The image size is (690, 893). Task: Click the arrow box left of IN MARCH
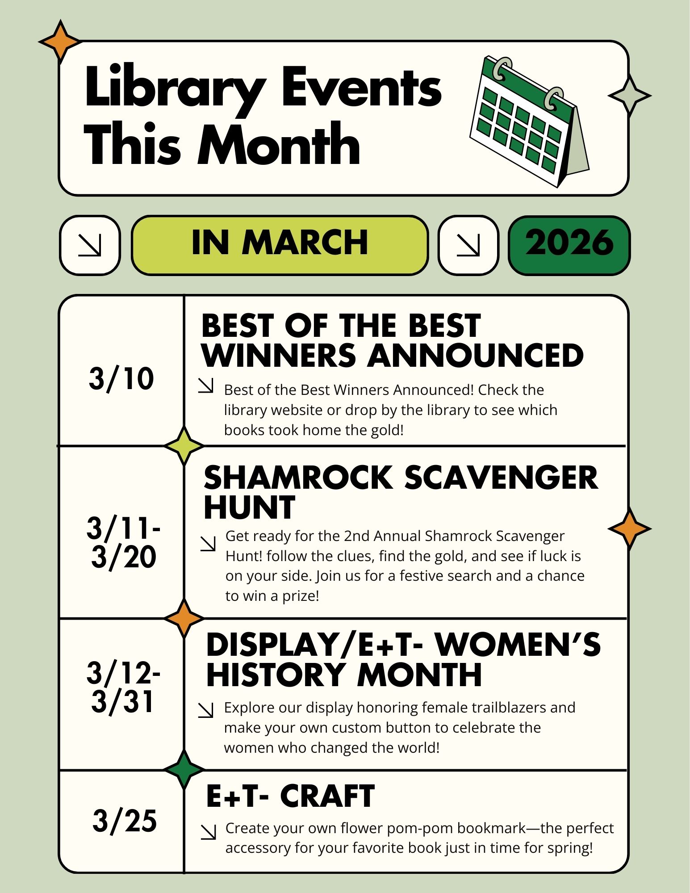point(90,245)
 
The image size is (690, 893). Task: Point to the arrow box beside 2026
point(468,245)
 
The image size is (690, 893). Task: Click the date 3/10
point(121,379)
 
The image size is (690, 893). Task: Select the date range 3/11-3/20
point(123,542)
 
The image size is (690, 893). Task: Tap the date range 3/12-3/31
point(123,687)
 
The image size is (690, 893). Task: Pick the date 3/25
point(125,821)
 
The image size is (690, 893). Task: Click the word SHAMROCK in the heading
point(298,478)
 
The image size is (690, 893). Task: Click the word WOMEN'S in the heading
point(518,645)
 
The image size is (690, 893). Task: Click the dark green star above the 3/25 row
point(184,769)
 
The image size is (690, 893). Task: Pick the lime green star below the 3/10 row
point(184,445)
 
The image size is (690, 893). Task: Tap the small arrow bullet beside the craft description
point(208,832)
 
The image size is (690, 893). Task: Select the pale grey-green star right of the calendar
point(629,95)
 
